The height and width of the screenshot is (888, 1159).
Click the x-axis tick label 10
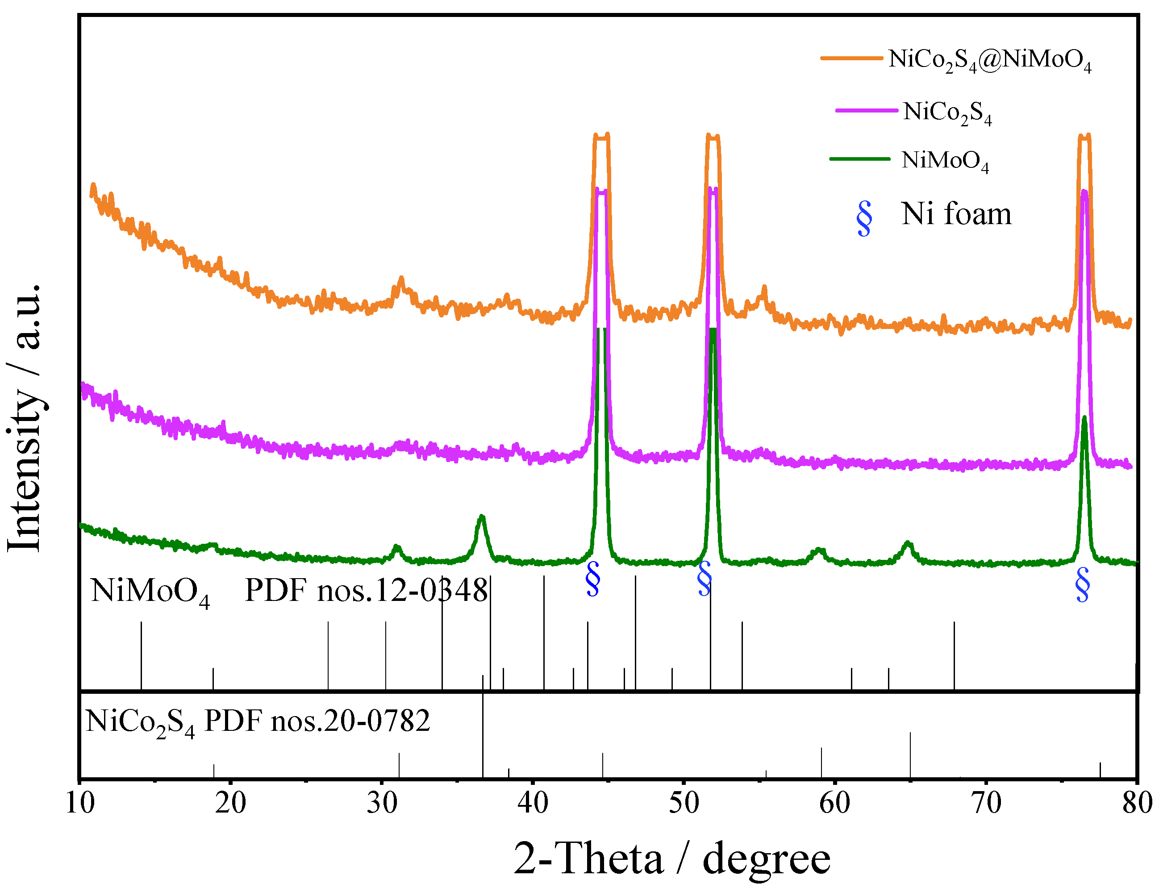80,804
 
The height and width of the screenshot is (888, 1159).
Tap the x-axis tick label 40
533,804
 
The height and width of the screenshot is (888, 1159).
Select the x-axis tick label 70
986,804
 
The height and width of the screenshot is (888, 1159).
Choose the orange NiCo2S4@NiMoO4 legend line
851,58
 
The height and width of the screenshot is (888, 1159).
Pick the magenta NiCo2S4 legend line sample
866,110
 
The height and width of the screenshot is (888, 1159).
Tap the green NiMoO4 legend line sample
860,158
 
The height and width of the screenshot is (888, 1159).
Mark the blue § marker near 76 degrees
1082,585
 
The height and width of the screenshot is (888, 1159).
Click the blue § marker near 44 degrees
593,579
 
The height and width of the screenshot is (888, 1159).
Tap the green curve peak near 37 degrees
481,518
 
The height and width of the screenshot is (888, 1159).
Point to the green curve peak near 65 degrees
908,544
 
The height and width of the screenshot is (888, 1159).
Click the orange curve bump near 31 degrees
401,280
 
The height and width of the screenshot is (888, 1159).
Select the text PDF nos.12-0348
366,590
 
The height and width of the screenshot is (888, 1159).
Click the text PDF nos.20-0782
317,721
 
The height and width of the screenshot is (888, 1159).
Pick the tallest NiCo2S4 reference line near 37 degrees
483,735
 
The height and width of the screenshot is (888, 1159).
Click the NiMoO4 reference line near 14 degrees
141,655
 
